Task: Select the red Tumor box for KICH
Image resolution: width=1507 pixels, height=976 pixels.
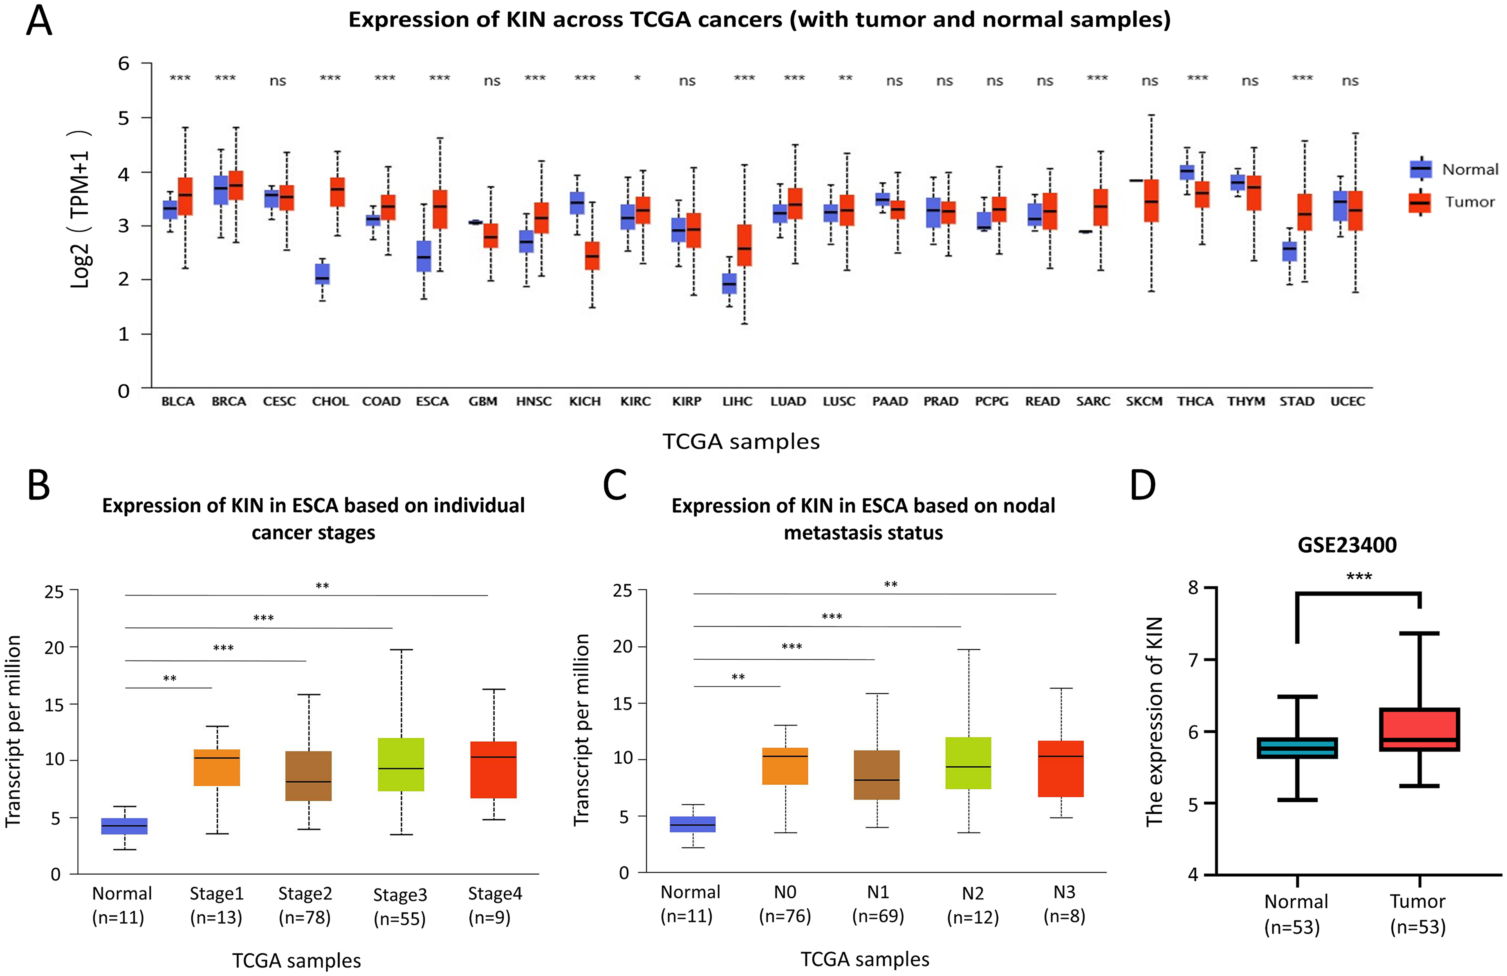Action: coord(592,256)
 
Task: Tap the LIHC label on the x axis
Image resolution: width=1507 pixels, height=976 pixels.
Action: coord(737,401)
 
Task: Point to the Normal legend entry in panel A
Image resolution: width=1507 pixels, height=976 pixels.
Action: coord(1453,169)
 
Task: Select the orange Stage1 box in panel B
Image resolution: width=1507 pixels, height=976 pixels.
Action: coord(217,768)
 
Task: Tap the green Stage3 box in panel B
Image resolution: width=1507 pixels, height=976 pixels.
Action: coord(401,765)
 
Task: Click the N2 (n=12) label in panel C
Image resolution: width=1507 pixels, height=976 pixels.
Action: coord(973,905)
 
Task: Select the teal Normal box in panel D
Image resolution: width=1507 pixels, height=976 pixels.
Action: coord(1297,748)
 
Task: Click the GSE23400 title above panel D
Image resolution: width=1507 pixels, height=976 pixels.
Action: coord(1347,545)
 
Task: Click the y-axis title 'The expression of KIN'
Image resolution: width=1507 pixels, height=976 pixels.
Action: coord(1154,721)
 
